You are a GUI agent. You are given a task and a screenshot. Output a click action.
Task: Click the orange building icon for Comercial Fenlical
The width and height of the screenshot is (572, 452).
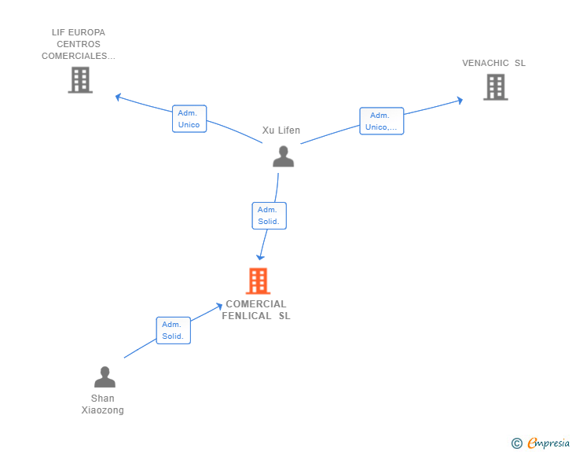coord(258,281)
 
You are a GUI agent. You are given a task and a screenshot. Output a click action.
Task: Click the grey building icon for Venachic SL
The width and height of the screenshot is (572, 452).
coord(495,87)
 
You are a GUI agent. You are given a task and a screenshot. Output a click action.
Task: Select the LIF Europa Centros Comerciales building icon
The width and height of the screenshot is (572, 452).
coord(80,80)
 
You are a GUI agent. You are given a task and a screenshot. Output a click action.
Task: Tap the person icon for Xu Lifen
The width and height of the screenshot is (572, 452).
coord(283,156)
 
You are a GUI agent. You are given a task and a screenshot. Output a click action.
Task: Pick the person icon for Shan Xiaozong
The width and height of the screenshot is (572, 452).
coord(104,377)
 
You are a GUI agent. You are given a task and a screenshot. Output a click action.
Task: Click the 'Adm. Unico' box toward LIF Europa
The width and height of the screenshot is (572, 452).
coord(189,119)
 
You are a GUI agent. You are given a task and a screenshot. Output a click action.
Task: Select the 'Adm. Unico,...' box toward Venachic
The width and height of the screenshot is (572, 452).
coord(381,121)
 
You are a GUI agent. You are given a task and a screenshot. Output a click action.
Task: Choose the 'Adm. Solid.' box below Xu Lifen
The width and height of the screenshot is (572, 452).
coord(269,215)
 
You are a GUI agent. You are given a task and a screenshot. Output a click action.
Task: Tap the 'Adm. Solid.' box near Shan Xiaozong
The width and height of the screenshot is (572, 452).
coord(173,330)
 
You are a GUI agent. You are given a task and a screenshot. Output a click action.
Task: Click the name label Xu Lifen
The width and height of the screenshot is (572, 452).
coord(281,130)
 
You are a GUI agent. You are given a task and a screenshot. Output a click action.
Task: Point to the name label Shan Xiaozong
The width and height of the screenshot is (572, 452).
coord(103,404)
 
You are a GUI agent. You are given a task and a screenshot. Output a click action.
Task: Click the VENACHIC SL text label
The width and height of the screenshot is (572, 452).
coord(493,63)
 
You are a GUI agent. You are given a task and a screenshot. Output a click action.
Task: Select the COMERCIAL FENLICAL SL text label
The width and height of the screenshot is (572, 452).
coord(257,310)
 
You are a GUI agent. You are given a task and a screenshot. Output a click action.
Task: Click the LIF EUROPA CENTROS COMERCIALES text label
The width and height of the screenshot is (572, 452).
coord(79,44)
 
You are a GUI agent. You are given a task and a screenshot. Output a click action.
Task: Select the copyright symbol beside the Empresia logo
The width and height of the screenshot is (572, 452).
coord(516,443)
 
